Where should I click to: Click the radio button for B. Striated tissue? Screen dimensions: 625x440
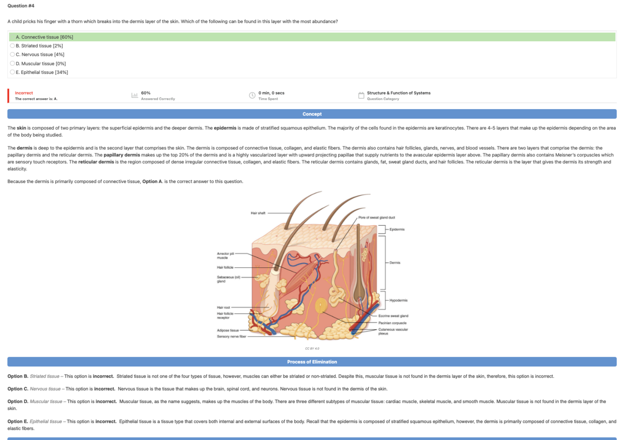12,46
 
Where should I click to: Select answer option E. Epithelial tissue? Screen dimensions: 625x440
12,73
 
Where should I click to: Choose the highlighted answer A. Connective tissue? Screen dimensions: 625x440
45,37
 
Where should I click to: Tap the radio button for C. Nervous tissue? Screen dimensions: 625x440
12,55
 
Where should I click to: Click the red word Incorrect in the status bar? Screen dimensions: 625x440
24,93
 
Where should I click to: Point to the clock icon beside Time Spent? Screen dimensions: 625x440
252,95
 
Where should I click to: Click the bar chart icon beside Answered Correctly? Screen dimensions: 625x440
134,95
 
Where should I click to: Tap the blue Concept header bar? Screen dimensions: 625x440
312,114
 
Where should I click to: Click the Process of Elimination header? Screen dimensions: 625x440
312,362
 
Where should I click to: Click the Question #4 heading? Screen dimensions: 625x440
21,6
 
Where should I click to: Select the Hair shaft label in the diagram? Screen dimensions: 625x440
258,213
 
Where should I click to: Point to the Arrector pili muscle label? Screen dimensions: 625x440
225,256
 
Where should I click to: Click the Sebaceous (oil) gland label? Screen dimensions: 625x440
228,279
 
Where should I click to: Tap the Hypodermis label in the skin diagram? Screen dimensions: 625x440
398,301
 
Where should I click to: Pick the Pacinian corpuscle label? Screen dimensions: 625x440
392,323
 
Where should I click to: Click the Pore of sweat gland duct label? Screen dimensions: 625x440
376,218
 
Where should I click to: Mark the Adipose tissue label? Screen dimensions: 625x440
228,330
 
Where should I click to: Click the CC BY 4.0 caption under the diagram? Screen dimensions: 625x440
312,349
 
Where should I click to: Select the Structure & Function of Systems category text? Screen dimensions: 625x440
398,93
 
